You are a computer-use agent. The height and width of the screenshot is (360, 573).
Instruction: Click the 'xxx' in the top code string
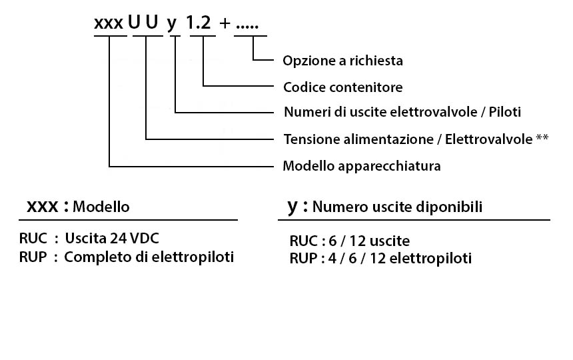point(109,23)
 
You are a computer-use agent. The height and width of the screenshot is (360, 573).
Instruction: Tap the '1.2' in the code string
point(199,23)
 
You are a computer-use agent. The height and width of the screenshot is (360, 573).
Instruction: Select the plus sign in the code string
point(225,23)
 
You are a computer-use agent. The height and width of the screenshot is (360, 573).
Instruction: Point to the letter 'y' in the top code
point(172,25)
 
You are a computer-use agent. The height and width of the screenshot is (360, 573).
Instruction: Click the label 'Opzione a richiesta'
point(342,61)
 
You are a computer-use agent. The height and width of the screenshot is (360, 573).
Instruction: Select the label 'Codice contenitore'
point(342,87)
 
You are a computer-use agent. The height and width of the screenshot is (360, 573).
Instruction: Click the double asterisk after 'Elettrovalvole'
point(542,137)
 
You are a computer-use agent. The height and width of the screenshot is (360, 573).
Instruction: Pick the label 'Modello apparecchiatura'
point(361,166)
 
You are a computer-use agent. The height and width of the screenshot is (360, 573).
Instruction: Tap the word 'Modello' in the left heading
point(101,207)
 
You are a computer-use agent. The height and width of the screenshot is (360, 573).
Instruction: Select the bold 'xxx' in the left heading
point(43,207)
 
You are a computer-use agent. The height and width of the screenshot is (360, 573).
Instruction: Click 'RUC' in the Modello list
point(33,238)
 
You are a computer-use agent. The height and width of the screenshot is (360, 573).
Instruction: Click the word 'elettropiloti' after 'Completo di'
point(193,257)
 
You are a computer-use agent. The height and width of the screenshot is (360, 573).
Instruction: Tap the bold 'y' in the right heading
point(292,207)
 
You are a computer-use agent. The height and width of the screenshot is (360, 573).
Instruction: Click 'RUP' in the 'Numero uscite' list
point(303,258)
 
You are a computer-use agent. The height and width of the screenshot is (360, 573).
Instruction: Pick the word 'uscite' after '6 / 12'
point(390,241)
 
